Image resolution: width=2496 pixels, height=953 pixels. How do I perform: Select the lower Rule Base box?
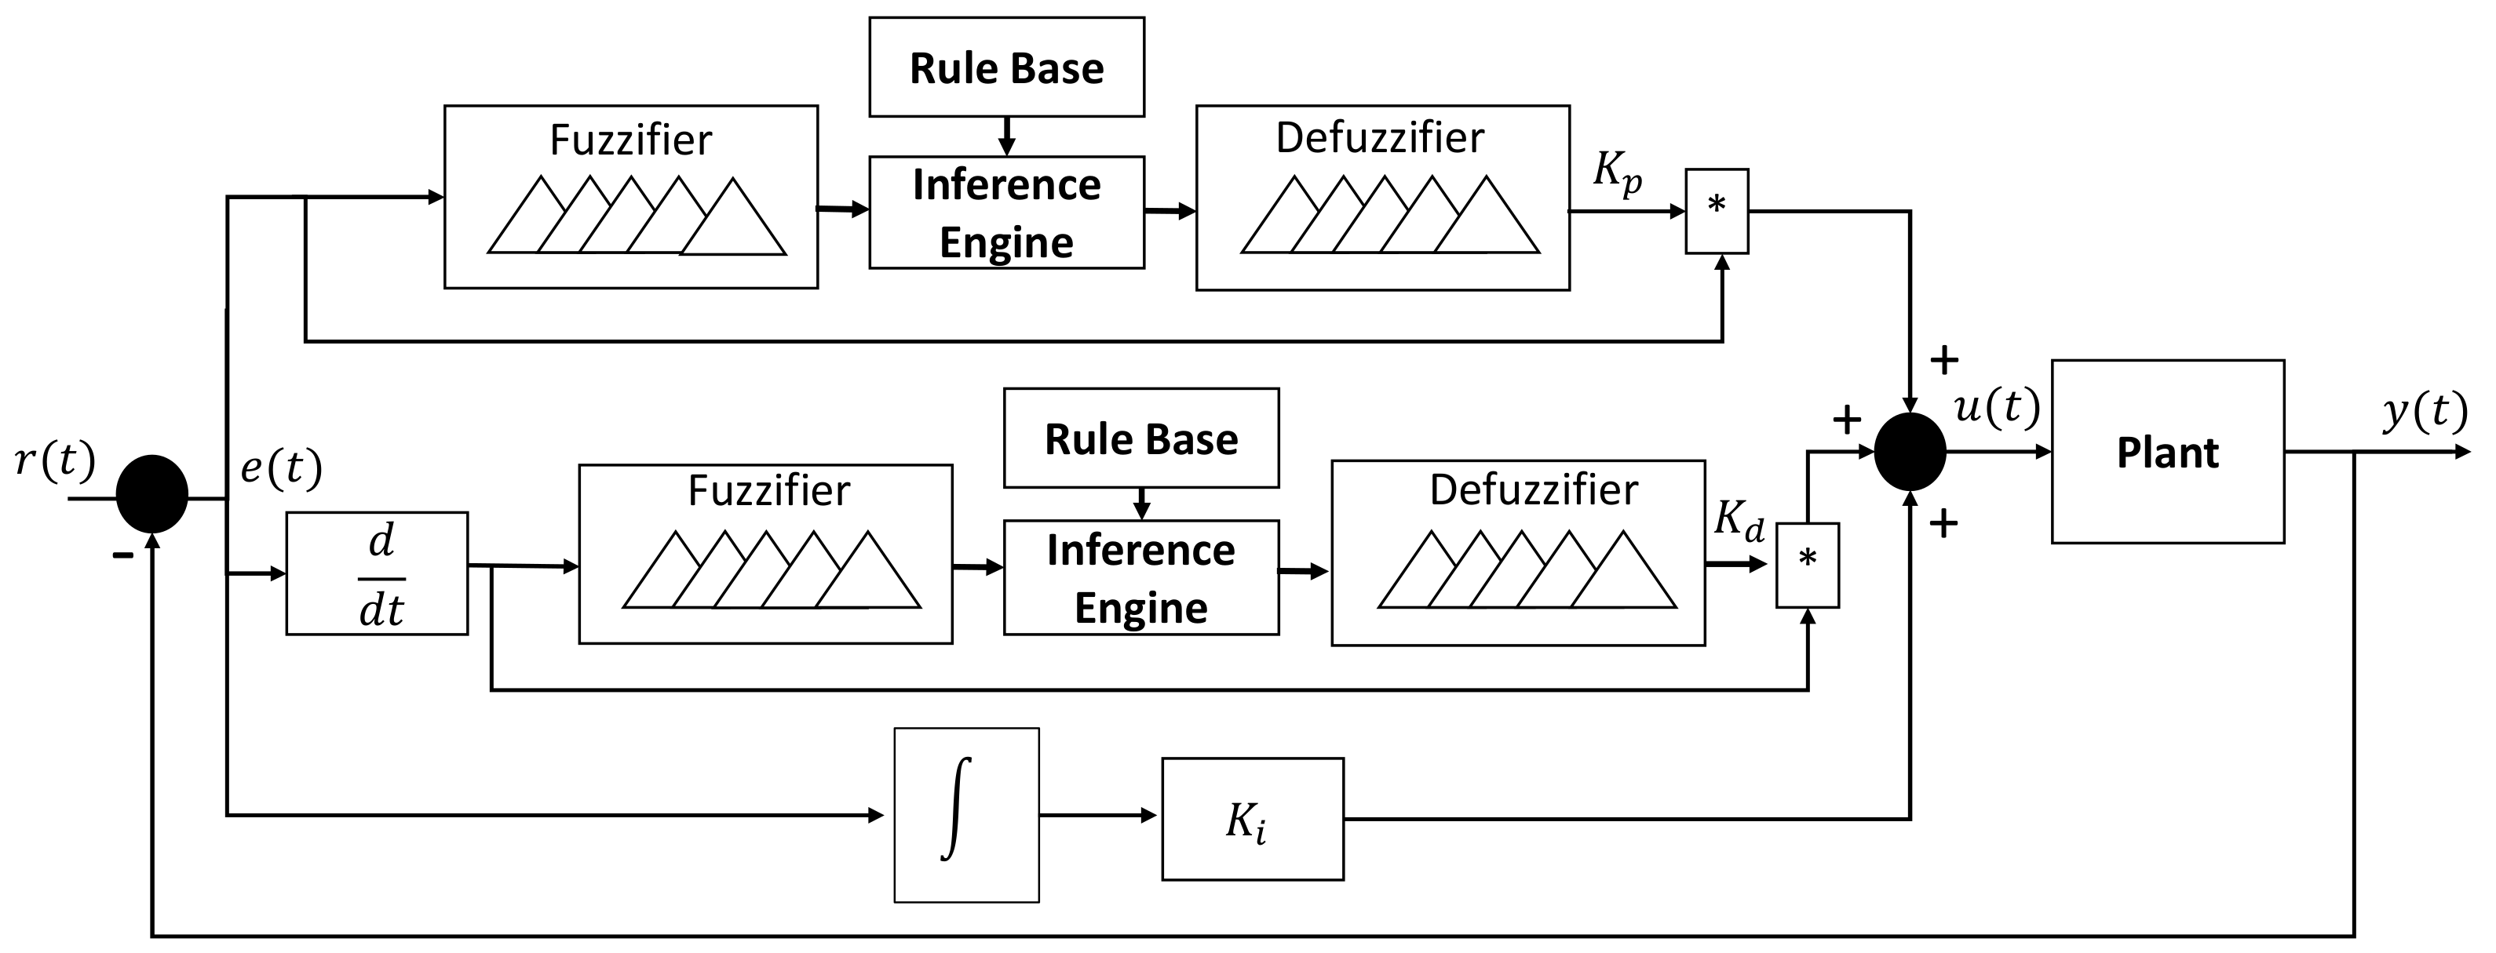click(x=1140, y=438)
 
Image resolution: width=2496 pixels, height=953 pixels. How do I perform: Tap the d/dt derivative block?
click(x=377, y=573)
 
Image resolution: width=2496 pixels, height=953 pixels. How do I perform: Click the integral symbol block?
click(x=965, y=814)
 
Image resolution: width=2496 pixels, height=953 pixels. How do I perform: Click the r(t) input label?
click(x=55, y=460)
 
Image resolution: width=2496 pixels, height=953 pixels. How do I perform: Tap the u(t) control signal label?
click(x=1996, y=407)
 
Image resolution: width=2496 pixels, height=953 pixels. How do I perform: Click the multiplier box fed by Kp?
click(x=1716, y=211)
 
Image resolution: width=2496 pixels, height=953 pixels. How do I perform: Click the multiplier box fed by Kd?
click(x=1806, y=566)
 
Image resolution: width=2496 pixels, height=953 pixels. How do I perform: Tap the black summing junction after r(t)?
click(x=152, y=494)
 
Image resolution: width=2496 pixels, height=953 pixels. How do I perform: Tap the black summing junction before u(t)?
click(x=1909, y=451)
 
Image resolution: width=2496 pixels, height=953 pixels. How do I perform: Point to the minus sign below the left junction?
click(x=122, y=555)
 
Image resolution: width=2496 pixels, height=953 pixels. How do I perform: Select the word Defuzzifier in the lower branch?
click(x=1533, y=490)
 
